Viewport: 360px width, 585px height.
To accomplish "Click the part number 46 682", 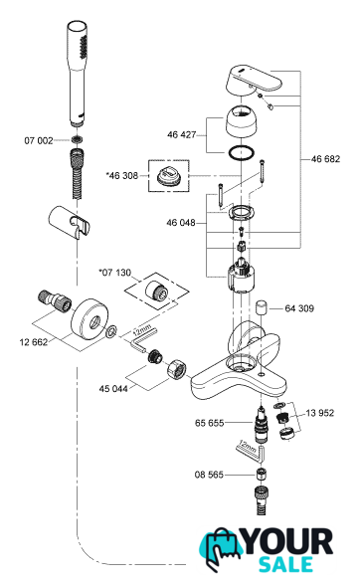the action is pyautogui.click(x=325, y=159).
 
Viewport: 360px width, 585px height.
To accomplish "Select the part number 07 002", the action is pyautogui.click(x=39, y=140).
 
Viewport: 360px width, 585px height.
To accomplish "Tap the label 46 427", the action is pyautogui.click(x=181, y=134).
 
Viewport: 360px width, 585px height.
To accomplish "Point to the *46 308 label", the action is pyautogui.click(x=122, y=175).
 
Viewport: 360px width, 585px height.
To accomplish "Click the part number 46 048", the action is pyautogui.click(x=181, y=223).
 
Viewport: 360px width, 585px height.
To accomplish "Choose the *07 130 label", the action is pyautogui.click(x=115, y=273).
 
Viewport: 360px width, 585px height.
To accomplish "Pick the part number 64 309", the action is pyautogui.click(x=299, y=308).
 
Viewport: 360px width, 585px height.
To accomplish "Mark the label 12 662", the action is pyautogui.click(x=34, y=342).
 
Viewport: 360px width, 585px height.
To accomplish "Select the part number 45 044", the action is pyautogui.click(x=113, y=389).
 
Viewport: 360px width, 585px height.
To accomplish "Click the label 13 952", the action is pyautogui.click(x=319, y=413).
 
